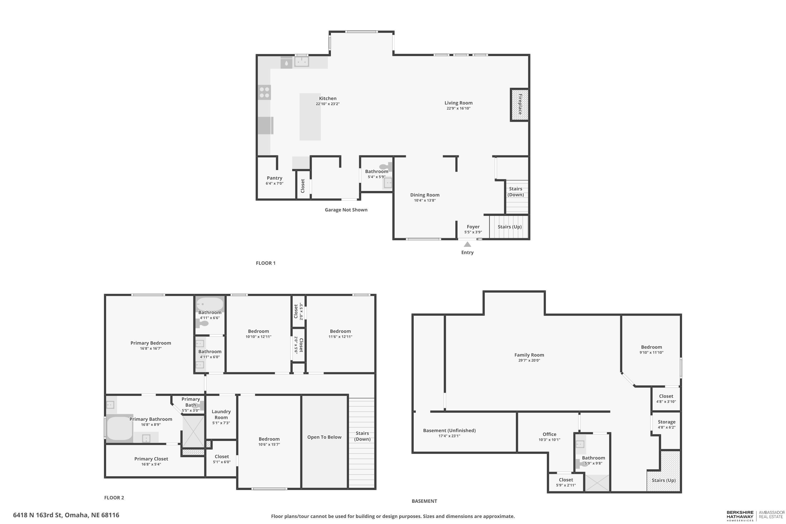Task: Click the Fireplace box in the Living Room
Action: point(520,105)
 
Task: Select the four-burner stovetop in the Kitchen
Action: point(264,92)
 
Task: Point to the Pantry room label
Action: point(274,178)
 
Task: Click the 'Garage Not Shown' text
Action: point(346,210)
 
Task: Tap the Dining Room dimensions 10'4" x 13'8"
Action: point(425,200)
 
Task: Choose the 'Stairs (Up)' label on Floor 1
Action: point(510,227)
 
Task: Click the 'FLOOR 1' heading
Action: point(266,263)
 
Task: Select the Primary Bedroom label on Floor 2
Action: point(151,343)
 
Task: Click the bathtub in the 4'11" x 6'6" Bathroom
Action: point(210,304)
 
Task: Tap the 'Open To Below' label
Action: point(324,437)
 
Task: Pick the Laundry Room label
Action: point(221,414)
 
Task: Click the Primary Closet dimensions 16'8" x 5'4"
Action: point(151,464)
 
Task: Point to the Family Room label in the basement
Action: point(529,355)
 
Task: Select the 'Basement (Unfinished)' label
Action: point(449,430)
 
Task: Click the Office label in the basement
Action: point(549,434)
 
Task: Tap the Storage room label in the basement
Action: point(666,422)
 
